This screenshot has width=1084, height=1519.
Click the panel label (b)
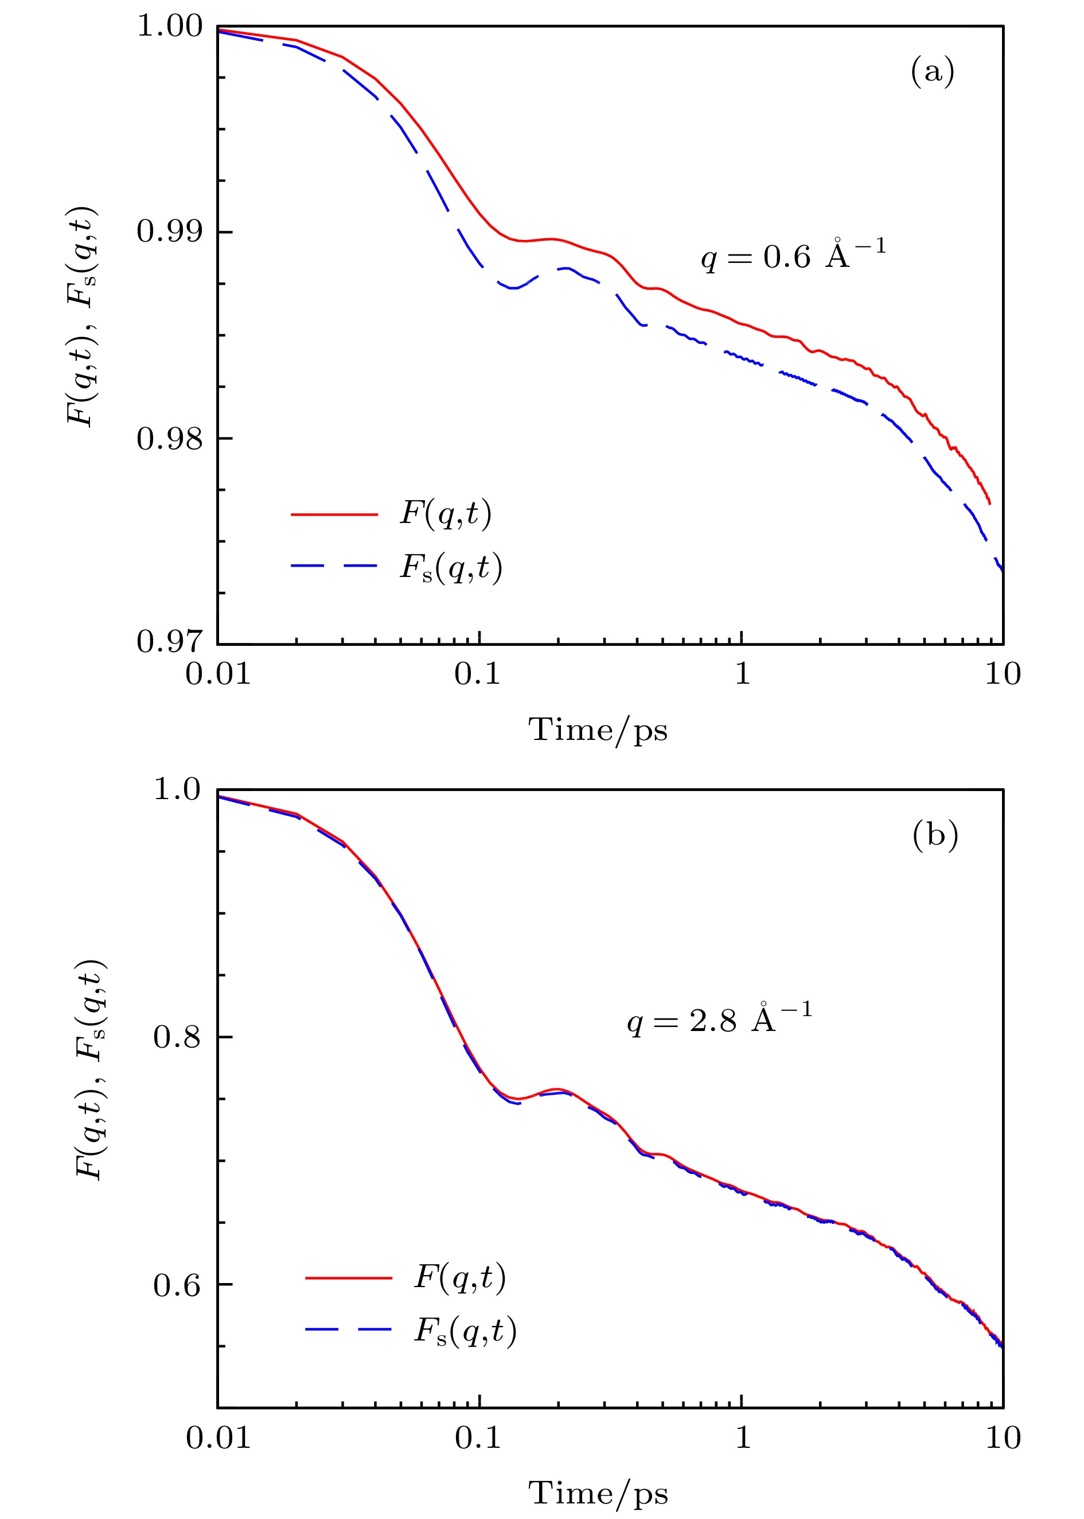pos(934,834)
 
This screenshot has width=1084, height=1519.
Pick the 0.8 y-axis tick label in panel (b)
pos(177,1037)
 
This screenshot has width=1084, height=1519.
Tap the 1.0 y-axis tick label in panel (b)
pos(177,790)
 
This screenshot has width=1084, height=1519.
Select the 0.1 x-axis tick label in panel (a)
pos(478,675)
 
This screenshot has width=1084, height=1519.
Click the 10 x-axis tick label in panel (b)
pos(1003,1438)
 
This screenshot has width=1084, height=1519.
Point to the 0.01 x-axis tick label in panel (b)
pos(219,1438)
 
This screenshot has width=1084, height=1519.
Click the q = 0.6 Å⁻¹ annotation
pos(794,257)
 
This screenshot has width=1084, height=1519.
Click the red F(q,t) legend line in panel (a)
pos(334,514)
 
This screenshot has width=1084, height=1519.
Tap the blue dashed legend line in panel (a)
pos(334,567)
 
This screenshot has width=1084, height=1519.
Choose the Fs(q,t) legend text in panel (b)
pos(465,1331)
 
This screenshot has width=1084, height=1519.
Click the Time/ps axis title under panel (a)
pos(598,730)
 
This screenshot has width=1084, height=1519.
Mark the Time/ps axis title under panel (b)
pos(598,1494)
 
